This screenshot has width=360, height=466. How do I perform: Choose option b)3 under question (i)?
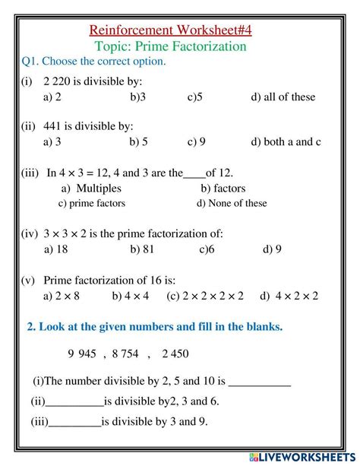pyautogui.click(x=137, y=97)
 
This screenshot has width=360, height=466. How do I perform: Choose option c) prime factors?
pyautogui.click(x=92, y=203)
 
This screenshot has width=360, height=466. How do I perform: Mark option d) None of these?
pyautogui.click(x=232, y=203)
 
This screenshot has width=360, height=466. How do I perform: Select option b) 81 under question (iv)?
pyautogui.click(x=141, y=249)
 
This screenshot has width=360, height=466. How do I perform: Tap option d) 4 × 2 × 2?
pyautogui.click(x=289, y=296)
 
